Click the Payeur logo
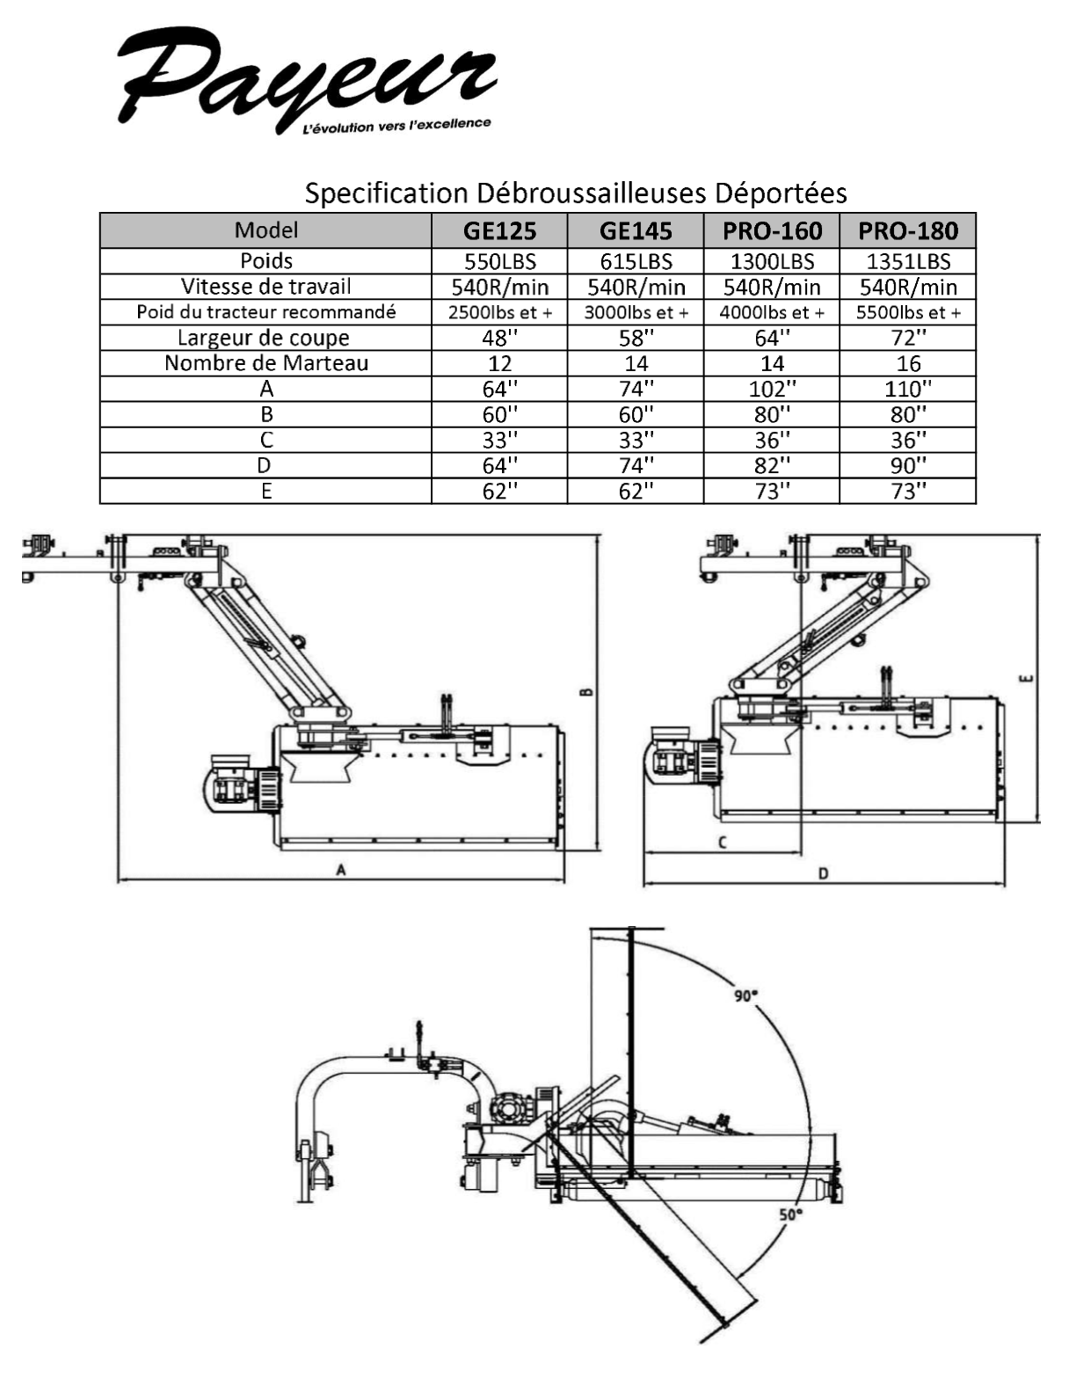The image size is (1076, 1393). pos(306,80)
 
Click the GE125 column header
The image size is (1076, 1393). pos(499,230)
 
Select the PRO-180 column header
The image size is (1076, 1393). pos(908,230)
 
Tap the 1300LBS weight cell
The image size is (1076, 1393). pos(772,261)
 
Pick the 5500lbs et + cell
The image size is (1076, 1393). pos(908,313)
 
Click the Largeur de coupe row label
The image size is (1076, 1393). pos(264,338)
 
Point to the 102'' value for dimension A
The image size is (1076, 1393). pos(772,389)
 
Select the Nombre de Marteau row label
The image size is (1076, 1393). pos(266,363)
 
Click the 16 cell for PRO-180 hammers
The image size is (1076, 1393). pos(908,364)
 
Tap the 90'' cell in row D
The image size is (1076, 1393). pos(908,465)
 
